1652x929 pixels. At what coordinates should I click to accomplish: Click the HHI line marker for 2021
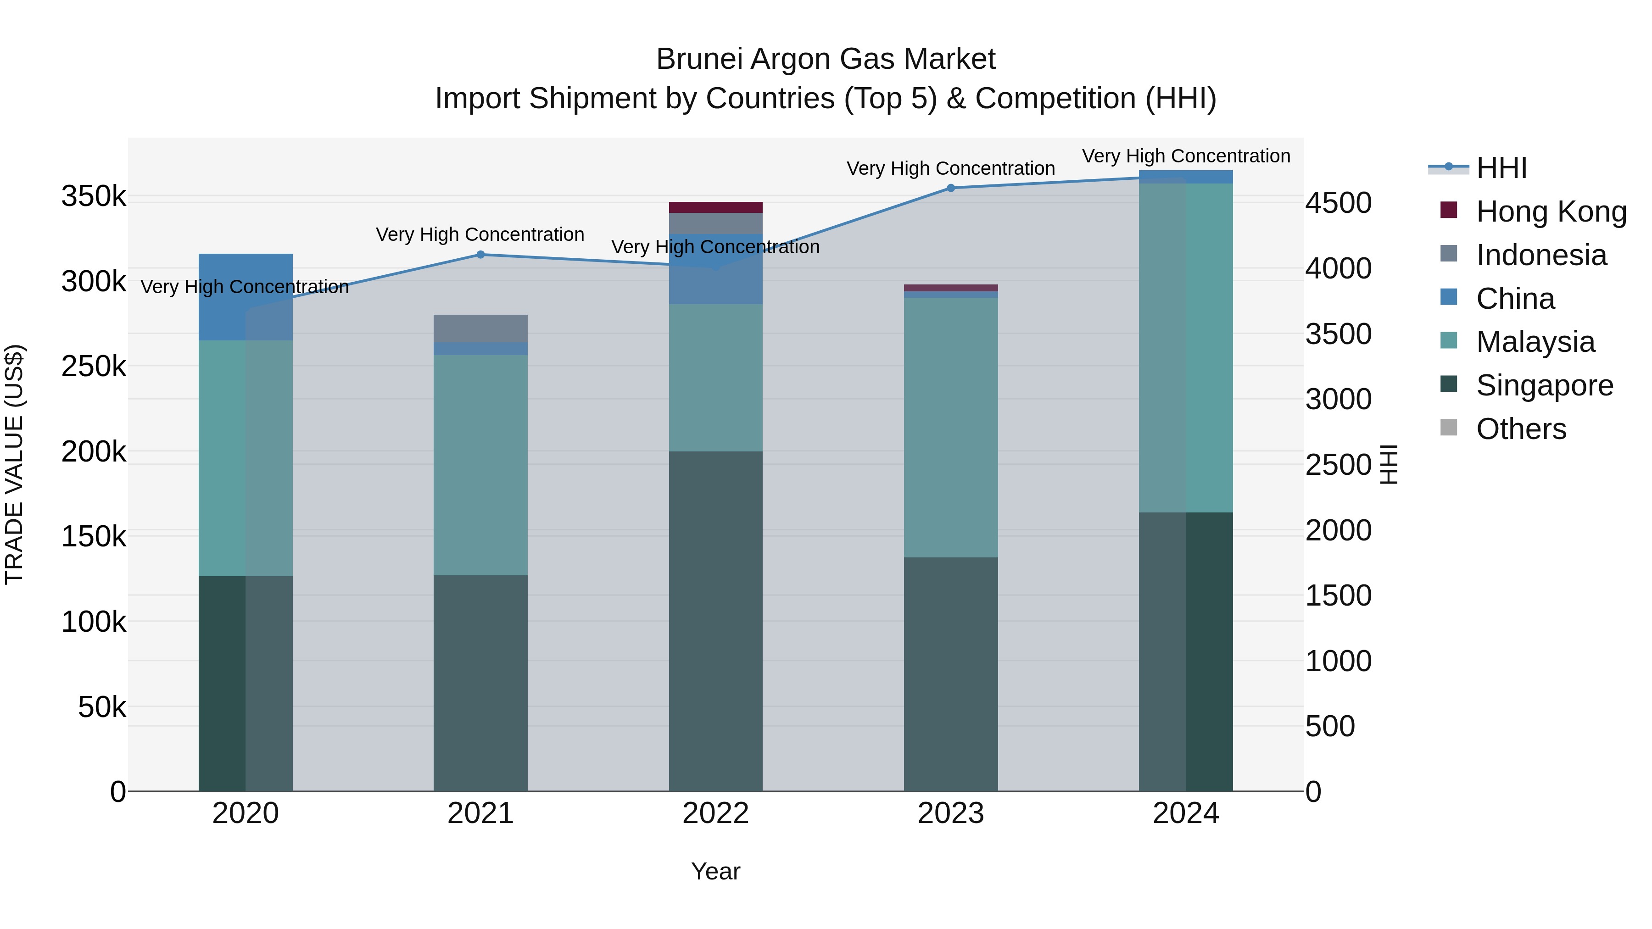[480, 255]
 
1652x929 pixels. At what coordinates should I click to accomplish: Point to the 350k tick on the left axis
[94, 196]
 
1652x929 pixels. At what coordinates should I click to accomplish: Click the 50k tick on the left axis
[101, 707]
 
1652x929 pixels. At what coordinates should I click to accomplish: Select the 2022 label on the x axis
[716, 813]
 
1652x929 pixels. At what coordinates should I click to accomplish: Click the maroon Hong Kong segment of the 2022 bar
[716, 207]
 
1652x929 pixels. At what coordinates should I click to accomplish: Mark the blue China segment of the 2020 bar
[246, 296]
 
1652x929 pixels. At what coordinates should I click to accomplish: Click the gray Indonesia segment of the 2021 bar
[480, 328]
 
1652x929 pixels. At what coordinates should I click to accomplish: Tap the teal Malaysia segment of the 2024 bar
[1186, 346]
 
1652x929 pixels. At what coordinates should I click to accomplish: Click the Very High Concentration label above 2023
[950, 169]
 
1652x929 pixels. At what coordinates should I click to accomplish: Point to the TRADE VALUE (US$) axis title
[15, 464]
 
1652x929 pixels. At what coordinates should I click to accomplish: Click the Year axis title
[716, 871]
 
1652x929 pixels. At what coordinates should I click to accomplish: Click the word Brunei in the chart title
[700, 60]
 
